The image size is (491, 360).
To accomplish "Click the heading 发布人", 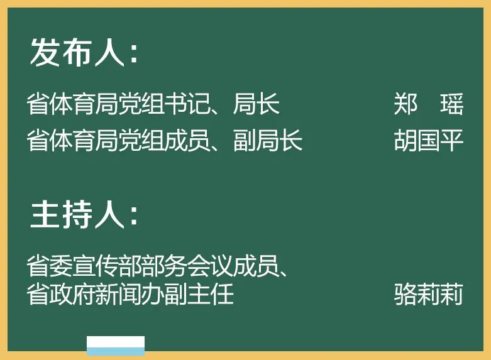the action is tap(77, 52).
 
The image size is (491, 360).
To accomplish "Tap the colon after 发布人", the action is tap(134, 54).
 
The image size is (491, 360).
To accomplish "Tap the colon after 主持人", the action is tap(134, 216).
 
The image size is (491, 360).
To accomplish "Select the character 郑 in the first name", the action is tap(405, 104).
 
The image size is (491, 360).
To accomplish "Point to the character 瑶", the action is tap(451, 104).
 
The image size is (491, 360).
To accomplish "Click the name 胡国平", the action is tap(429, 140).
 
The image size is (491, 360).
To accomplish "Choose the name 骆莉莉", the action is tap(429, 293).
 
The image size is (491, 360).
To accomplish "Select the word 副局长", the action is tap(268, 140).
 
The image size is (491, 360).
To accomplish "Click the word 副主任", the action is tap(199, 293).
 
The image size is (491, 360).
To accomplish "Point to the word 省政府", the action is tap(61, 293).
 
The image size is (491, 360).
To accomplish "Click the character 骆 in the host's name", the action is tap(405, 293).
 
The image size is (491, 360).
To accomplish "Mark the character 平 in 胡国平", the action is tap(452, 140).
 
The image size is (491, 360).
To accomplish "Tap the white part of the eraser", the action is tap(116, 342).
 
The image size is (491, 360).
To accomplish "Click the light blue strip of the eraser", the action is tap(116, 352).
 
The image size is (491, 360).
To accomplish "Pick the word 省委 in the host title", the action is tap(50, 266).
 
